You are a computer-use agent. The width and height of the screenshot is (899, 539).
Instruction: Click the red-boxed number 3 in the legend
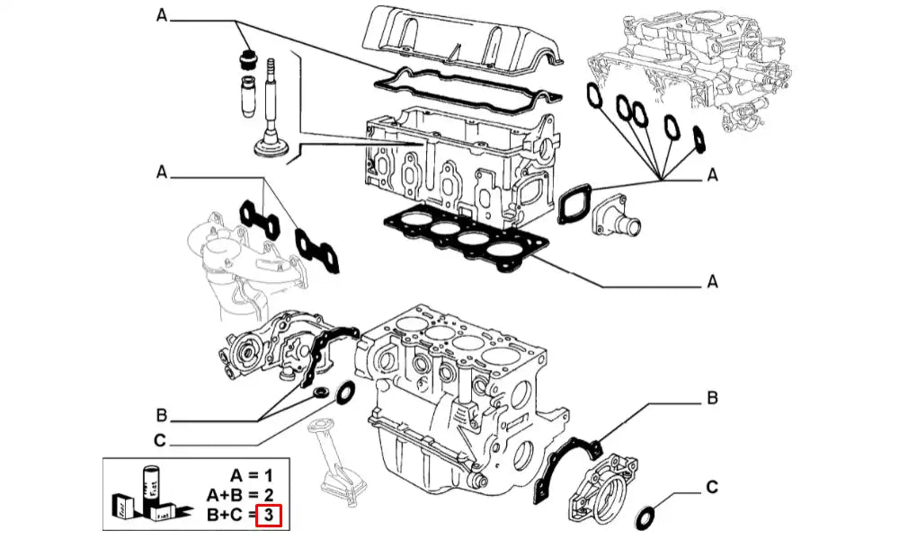(x=269, y=516)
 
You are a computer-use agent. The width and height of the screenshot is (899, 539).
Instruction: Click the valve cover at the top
(x=458, y=40)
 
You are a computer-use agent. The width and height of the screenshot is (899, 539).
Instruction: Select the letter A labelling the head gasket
(x=712, y=282)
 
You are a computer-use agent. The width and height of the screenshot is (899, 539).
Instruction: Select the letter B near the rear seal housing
(x=710, y=397)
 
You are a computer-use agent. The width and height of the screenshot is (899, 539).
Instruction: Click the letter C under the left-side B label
(x=160, y=440)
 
